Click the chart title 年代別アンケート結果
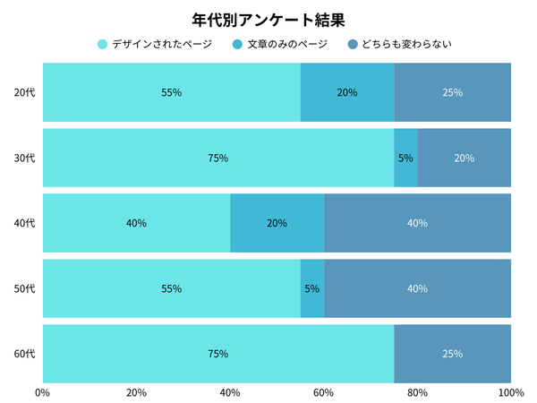pyautogui.click(x=268, y=19)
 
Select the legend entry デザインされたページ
pyautogui.click(x=154, y=44)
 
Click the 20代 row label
pyautogui.click(x=24, y=92)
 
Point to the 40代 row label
pyautogui.click(x=24, y=223)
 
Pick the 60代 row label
pyautogui.click(x=24, y=354)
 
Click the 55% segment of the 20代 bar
pyautogui.click(x=171, y=92)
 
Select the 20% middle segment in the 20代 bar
pyautogui.click(x=347, y=92)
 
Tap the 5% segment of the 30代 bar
pyautogui.click(x=405, y=158)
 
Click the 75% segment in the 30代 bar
pyautogui.click(x=217, y=158)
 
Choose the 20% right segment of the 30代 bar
pyautogui.click(x=464, y=158)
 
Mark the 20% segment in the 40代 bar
pyautogui.click(x=277, y=223)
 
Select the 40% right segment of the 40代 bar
pyautogui.click(x=417, y=223)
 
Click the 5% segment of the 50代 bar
pyautogui.click(x=311, y=288)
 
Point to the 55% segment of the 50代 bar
pyautogui.click(x=171, y=288)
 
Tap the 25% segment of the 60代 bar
pyautogui.click(x=452, y=354)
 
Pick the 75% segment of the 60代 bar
pyautogui.click(x=217, y=354)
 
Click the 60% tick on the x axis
pyautogui.click(x=323, y=392)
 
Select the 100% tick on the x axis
pyautogui.click(x=510, y=392)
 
